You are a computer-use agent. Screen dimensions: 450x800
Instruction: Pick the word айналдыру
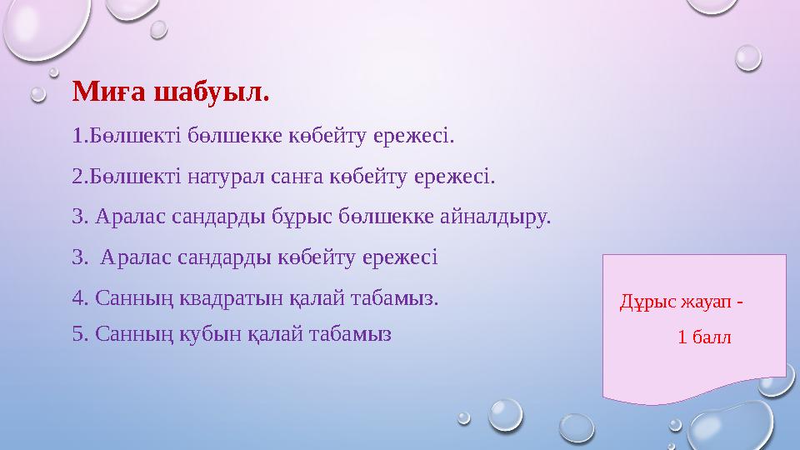click(497, 217)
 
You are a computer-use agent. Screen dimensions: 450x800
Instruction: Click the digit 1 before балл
click(683, 337)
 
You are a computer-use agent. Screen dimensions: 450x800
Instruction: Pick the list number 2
click(77, 176)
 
